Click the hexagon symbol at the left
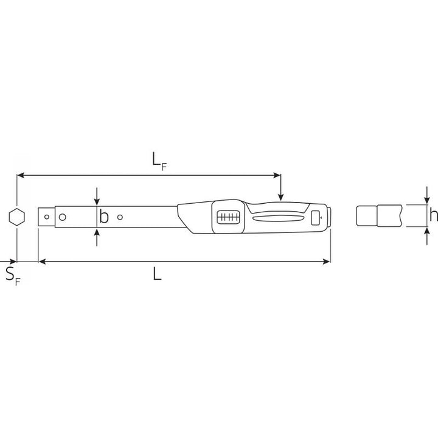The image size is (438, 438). [17, 216]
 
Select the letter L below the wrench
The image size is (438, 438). [157, 274]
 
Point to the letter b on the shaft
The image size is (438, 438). [104, 217]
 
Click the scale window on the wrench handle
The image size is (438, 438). [228, 217]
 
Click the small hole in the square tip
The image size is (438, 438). [46, 215]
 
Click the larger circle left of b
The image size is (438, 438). [62, 216]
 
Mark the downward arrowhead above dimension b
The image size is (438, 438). [97, 203]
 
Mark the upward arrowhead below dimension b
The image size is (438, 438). [97, 231]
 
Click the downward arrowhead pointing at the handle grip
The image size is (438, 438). [280, 196]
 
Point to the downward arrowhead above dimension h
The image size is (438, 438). [428, 200]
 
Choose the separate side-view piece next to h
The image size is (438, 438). [377, 216]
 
